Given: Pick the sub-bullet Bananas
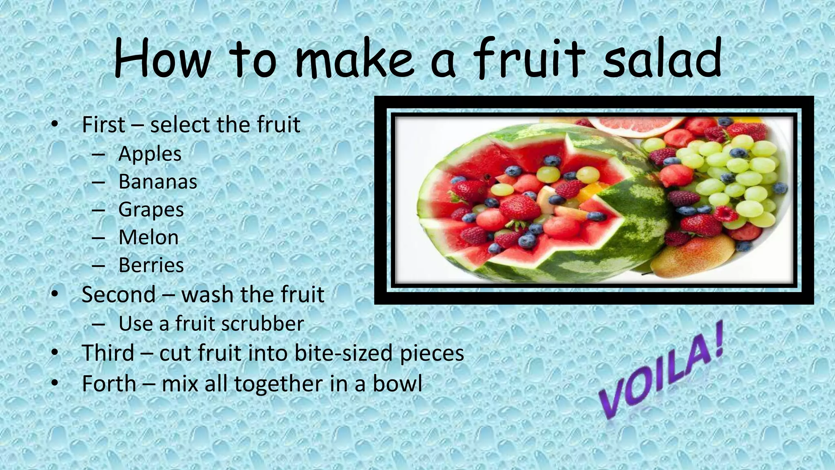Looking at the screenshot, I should (157, 182).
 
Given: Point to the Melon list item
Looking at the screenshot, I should (148, 237).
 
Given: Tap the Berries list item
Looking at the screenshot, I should (151, 266).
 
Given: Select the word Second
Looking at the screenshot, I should (119, 295).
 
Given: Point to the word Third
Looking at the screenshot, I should (108, 353).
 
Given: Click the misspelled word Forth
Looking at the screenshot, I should (109, 384).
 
